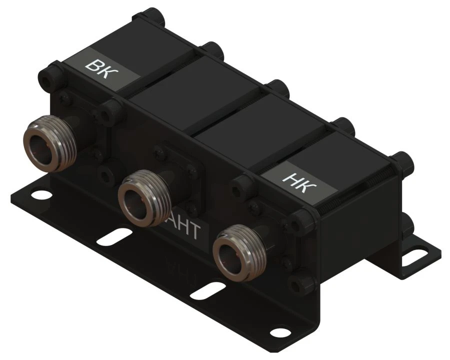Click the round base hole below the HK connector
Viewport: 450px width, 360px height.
coord(276,330)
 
